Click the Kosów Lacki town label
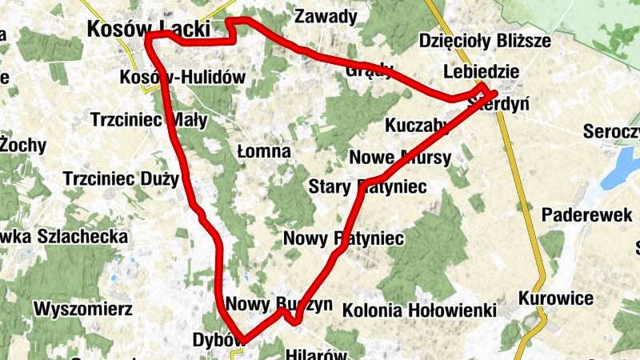[148, 30]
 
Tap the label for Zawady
[326, 16]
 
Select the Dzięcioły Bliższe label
[486, 42]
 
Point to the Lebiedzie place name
[482, 72]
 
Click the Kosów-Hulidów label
[181, 78]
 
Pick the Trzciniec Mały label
[150, 121]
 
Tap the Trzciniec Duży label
[121, 178]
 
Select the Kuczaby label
[417, 126]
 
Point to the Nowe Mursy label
[400, 157]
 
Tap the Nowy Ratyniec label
[344, 238]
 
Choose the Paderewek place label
[582, 215]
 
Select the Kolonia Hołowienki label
[420, 310]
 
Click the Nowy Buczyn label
[278, 305]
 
